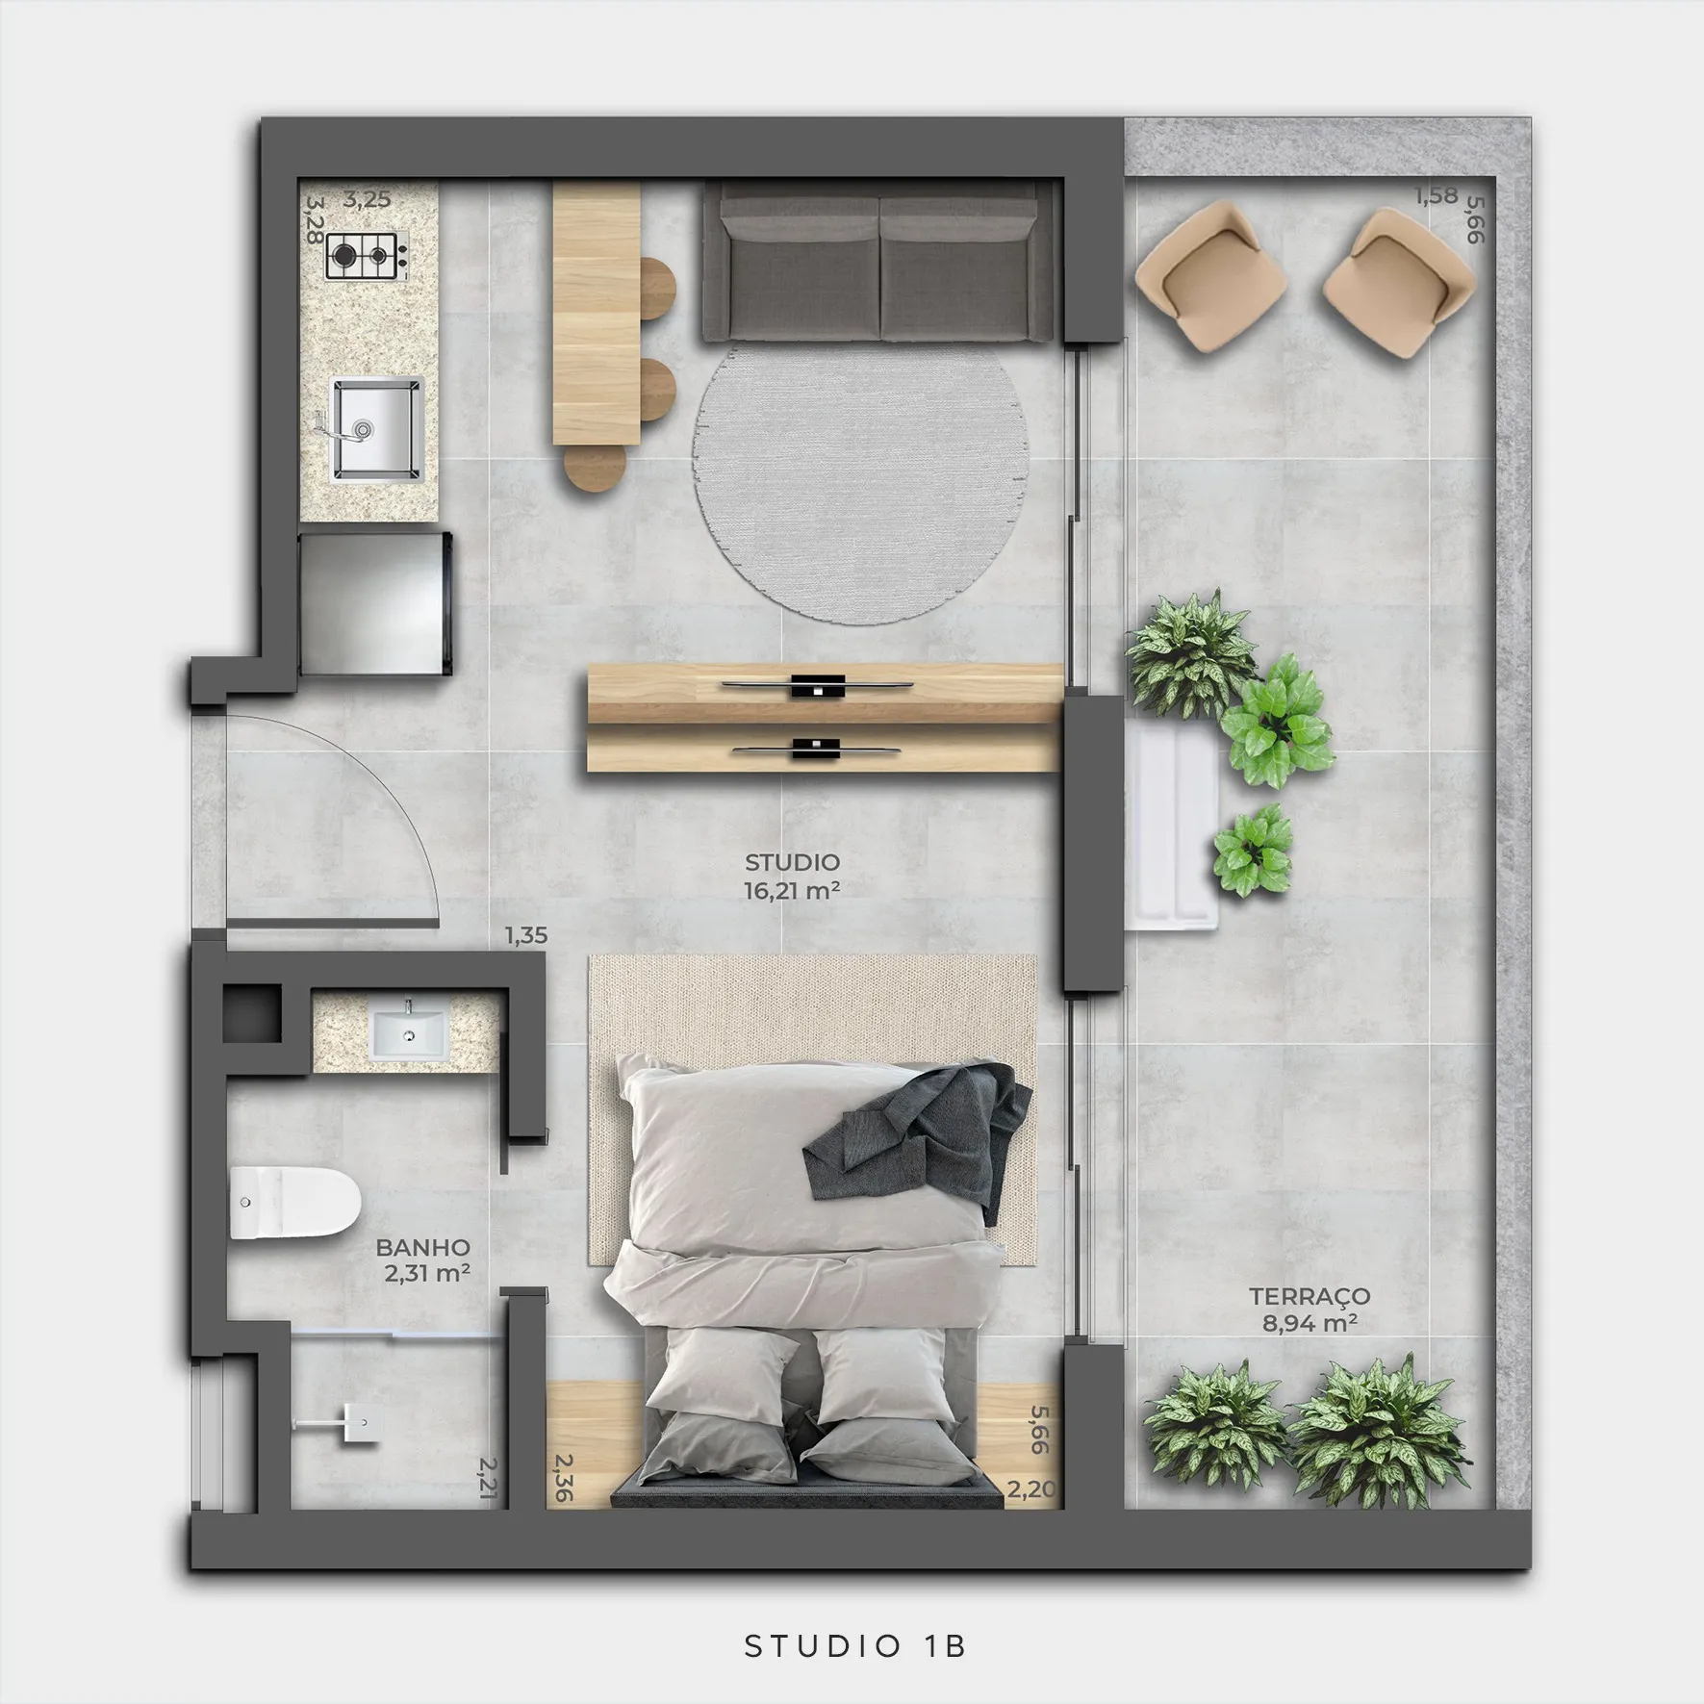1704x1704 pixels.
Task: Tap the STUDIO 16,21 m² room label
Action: pyautogui.click(x=792, y=876)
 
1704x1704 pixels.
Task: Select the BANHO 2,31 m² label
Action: pyautogui.click(x=423, y=1260)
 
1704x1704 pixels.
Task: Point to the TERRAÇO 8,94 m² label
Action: pyautogui.click(x=1310, y=1310)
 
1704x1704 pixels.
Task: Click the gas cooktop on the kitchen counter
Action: pyautogui.click(x=366, y=255)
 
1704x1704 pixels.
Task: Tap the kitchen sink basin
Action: pyautogui.click(x=377, y=429)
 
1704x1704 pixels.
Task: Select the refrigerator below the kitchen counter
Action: pyautogui.click(x=375, y=602)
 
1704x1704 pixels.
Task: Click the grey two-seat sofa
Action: pyautogui.click(x=877, y=261)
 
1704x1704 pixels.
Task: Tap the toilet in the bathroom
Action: pyautogui.click(x=294, y=1202)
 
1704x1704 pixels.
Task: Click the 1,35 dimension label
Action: pyautogui.click(x=526, y=934)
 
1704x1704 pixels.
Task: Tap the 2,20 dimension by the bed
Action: pyautogui.click(x=1030, y=1489)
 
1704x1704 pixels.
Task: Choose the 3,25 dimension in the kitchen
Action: pyautogui.click(x=367, y=199)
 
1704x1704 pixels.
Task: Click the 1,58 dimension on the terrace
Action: pyautogui.click(x=1436, y=196)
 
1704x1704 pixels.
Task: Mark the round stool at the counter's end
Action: pyautogui.click(x=595, y=469)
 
